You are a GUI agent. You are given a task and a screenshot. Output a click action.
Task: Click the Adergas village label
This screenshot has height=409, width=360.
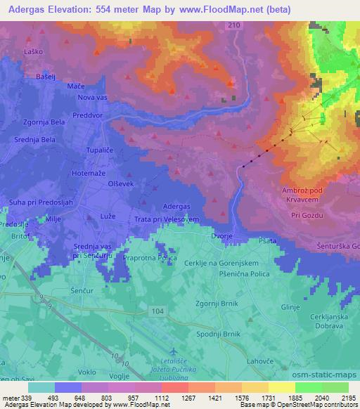pos(176,206)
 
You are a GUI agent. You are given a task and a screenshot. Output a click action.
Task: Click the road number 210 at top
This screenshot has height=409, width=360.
pos(233,25)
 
